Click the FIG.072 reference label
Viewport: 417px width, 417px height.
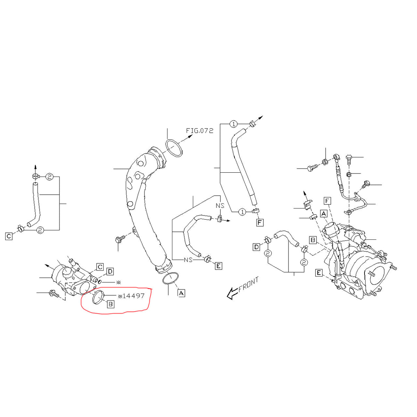coord(199,131)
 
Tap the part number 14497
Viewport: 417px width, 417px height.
coord(131,296)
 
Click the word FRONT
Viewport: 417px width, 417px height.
coord(249,284)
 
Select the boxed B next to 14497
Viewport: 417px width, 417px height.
coord(110,304)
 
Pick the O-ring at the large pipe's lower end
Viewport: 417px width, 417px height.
coord(170,279)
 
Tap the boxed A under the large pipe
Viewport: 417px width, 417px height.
coord(181,293)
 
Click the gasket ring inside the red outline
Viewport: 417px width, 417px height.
coord(99,297)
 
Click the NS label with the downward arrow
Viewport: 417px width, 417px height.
coord(220,205)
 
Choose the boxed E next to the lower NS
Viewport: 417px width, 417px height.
coord(218,266)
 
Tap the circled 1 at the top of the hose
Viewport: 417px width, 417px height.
coord(234,124)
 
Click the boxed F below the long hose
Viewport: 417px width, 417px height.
coord(260,222)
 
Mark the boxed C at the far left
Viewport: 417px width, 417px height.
coord(9,236)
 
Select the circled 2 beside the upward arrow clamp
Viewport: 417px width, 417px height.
coord(49,177)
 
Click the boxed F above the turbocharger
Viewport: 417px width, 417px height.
coord(327,201)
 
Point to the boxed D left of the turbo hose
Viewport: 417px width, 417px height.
coord(256,247)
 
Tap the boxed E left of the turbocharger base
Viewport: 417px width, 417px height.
coord(319,273)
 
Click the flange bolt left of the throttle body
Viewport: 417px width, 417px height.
coord(54,294)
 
